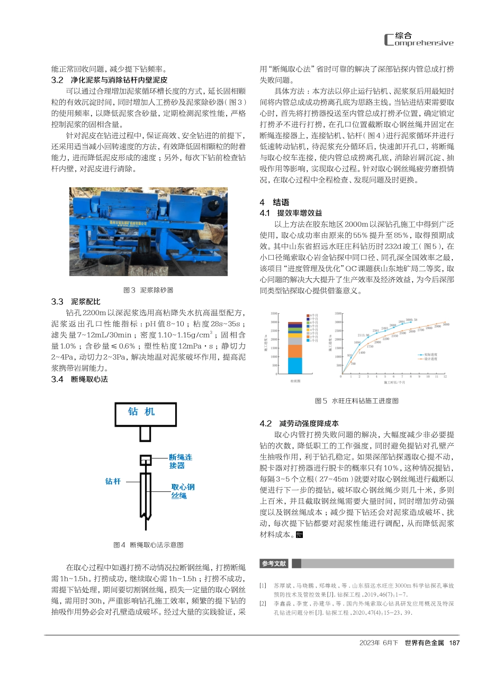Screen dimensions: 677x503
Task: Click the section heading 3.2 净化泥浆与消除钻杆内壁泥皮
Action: click(x=109, y=80)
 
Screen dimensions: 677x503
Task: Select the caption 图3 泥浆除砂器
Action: click(x=148, y=290)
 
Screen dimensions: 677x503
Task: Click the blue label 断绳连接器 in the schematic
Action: click(x=181, y=461)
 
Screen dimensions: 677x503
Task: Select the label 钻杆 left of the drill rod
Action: click(x=113, y=481)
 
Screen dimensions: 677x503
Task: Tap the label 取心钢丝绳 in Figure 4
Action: click(x=183, y=491)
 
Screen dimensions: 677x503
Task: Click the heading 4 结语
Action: click(x=274, y=202)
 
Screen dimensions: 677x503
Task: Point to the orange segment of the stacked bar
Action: click(x=295, y=351)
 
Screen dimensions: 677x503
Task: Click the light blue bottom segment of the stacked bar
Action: click(x=295, y=365)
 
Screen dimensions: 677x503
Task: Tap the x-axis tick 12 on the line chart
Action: click(x=445, y=377)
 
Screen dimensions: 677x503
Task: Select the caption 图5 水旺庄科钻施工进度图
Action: click(x=356, y=401)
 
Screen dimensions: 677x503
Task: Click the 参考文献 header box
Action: click(x=274, y=563)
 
